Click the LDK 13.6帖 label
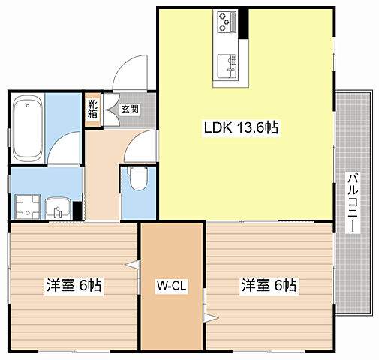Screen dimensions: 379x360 pyautogui.click(x=241, y=127)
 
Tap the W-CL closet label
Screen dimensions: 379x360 pyautogui.click(x=172, y=286)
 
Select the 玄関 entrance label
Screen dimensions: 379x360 pyautogui.click(x=130, y=109)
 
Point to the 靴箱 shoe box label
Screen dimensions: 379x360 pyautogui.click(x=92, y=109)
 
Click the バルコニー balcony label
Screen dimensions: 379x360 pyautogui.click(x=353, y=202)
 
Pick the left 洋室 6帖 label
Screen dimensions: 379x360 pyautogui.click(x=74, y=285)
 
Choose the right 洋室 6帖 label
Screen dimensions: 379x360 pyautogui.click(x=269, y=285)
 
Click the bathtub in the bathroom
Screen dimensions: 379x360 pyautogui.click(x=28, y=129)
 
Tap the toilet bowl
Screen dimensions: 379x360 pyautogui.click(x=138, y=178)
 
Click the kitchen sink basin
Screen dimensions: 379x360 pyautogui.click(x=227, y=66)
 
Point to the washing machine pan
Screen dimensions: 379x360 pyautogui.click(x=27, y=207)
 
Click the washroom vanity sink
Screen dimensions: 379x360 pyautogui.click(x=58, y=208)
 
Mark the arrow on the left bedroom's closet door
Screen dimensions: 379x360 pyautogui.click(x=132, y=265)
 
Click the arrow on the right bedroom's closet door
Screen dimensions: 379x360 pyautogui.click(x=212, y=318)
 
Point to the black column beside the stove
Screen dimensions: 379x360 pyautogui.click(x=243, y=24)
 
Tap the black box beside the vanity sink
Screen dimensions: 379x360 pyautogui.click(x=78, y=211)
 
